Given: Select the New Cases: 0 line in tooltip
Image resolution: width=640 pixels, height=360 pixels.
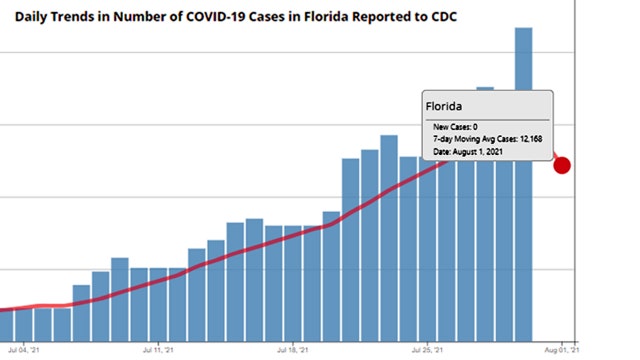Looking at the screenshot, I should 455,127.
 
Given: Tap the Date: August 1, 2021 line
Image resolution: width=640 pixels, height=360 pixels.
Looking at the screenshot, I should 475,153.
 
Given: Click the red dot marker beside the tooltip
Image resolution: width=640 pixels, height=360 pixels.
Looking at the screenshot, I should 562,165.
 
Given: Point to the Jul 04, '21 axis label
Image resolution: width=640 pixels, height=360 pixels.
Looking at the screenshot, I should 23,350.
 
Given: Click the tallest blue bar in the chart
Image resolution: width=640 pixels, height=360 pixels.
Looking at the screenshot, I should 523,180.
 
